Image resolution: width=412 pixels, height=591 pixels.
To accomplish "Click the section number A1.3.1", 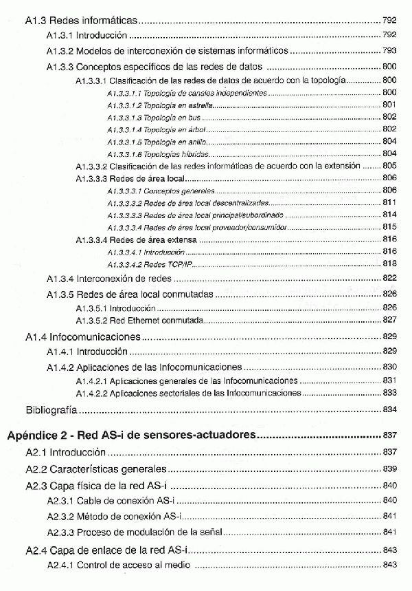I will [x=60, y=34].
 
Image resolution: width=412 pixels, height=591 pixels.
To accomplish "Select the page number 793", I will [x=389, y=51].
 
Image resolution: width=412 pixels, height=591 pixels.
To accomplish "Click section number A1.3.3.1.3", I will [x=124, y=118].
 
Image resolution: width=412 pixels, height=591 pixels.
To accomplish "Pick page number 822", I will [x=389, y=279].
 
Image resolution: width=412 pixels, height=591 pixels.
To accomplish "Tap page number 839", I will [x=389, y=469].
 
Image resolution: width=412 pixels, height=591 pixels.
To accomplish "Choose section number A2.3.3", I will [x=60, y=533].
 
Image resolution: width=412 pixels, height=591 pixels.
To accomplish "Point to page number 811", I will [x=389, y=202].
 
